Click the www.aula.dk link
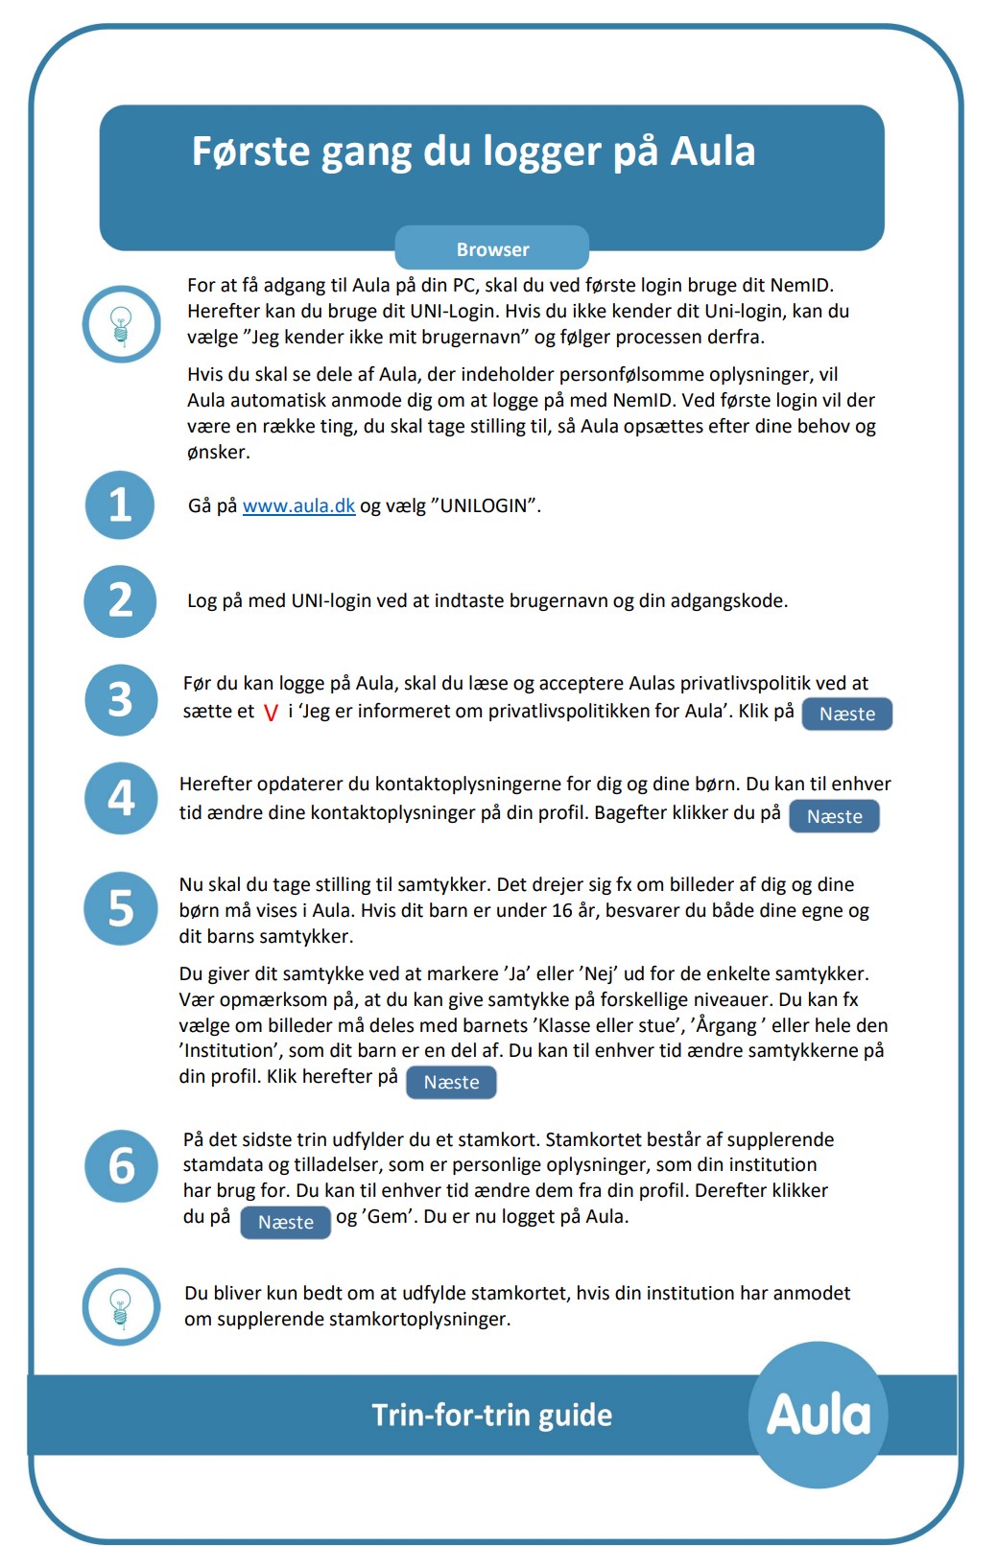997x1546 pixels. pyautogui.click(x=298, y=505)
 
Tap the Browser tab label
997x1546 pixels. pyautogui.click(x=492, y=249)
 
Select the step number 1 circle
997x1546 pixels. pyautogui.click(x=120, y=504)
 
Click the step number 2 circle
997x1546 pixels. pyautogui.click(x=120, y=601)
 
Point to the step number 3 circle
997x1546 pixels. pyautogui.click(x=120, y=700)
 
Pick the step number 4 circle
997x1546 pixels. pyautogui.click(x=120, y=798)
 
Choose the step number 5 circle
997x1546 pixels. pyautogui.click(x=120, y=907)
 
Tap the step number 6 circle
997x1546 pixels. pyautogui.click(x=121, y=1166)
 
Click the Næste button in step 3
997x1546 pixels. pyautogui.click(x=847, y=714)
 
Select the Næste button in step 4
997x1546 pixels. pyautogui.click(x=834, y=816)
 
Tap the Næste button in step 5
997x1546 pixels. pyautogui.click(x=451, y=1082)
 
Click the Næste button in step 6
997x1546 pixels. pyautogui.click(x=285, y=1222)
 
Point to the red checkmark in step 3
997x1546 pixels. pyautogui.click(x=271, y=713)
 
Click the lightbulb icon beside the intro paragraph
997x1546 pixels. pyautogui.click(x=121, y=323)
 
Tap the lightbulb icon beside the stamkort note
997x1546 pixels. pyautogui.click(x=121, y=1306)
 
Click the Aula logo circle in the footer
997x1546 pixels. pyautogui.click(x=818, y=1415)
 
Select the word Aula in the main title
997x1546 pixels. pyautogui.click(x=712, y=152)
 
